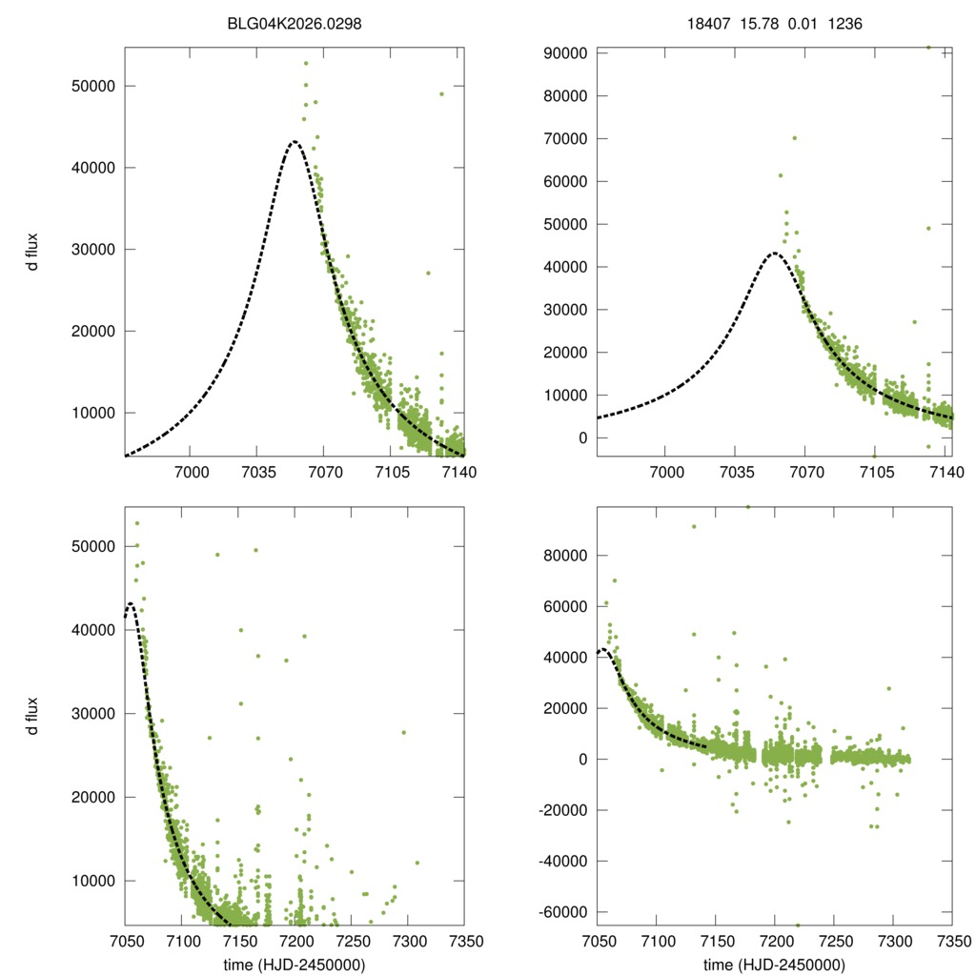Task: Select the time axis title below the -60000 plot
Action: (x=774, y=965)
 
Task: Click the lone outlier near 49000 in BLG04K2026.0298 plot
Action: (x=441, y=93)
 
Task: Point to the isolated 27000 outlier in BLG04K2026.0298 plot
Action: (x=428, y=273)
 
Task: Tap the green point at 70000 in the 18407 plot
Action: (x=794, y=138)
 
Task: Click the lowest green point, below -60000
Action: (x=798, y=925)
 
